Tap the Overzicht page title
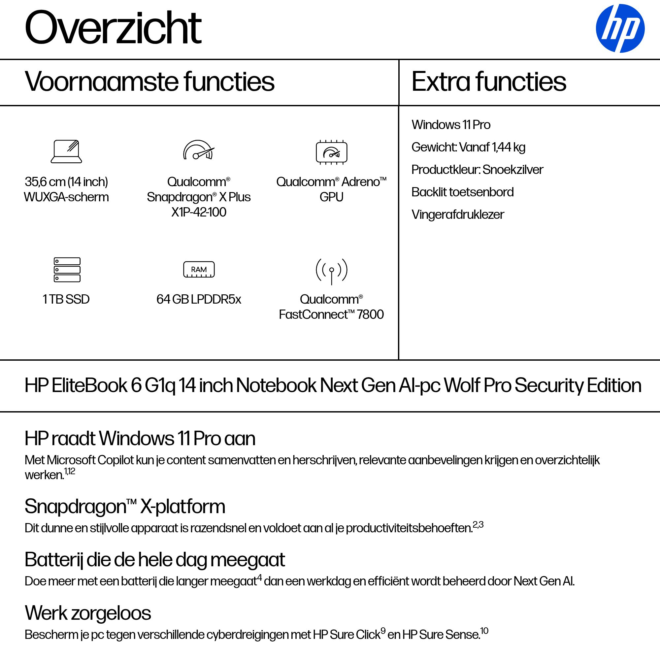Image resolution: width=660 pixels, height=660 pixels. (x=113, y=28)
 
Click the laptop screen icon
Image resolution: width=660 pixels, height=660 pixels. (x=66, y=151)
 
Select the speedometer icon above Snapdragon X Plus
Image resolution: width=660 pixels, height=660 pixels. (x=198, y=150)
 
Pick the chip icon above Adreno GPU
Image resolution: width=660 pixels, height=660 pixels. (x=331, y=152)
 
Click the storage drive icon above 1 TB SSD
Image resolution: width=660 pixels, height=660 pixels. (x=67, y=270)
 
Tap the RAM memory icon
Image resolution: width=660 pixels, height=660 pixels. (x=199, y=270)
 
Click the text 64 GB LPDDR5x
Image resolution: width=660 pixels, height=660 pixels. (x=198, y=299)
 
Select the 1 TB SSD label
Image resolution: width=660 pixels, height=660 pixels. (x=66, y=299)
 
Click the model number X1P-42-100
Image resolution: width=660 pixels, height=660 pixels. (x=198, y=212)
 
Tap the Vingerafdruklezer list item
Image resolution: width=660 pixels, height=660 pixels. (x=457, y=214)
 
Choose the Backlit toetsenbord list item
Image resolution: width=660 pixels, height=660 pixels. (x=462, y=192)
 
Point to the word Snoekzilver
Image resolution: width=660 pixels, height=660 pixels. (x=513, y=169)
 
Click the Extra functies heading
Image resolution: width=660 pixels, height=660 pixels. (x=488, y=82)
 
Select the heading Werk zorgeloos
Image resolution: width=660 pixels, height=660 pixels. (x=88, y=613)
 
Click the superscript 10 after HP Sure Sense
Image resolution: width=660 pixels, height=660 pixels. (x=484, y=631)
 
